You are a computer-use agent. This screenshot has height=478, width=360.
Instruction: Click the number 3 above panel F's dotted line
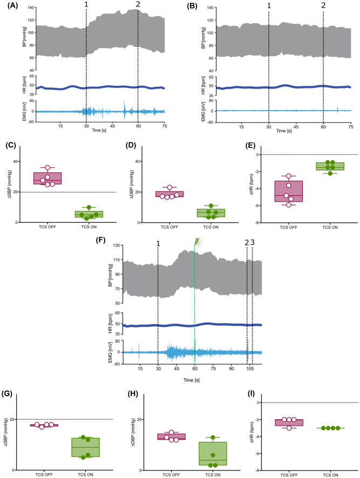click(x=253, y=243)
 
